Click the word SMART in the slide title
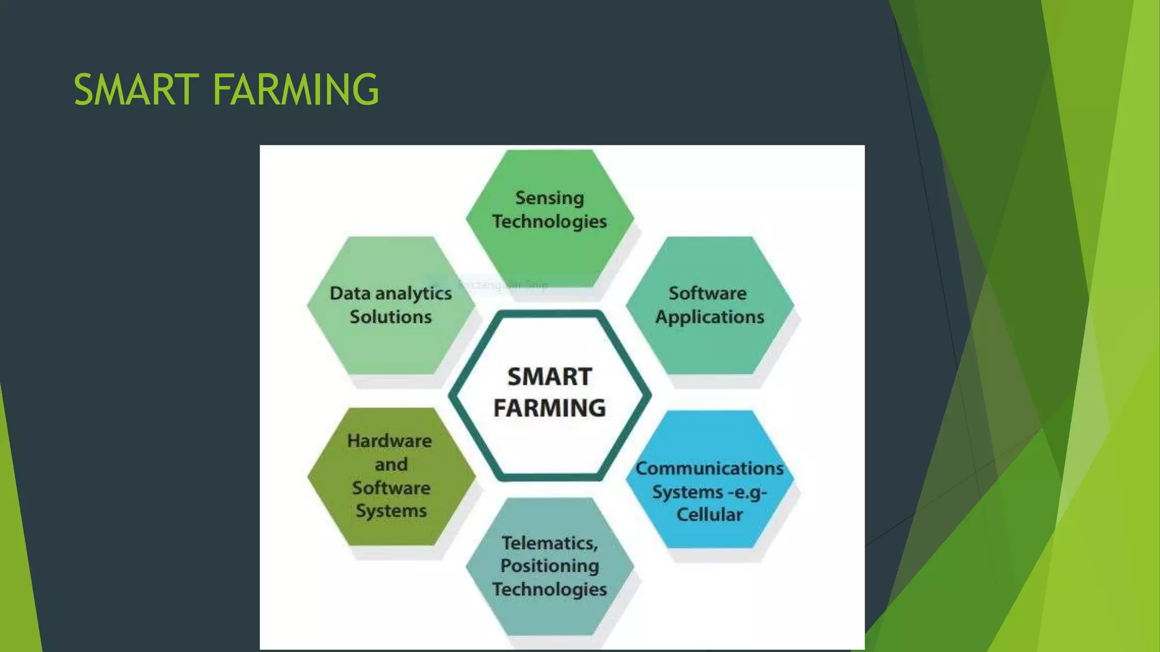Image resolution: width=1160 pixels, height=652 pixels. point(137,90)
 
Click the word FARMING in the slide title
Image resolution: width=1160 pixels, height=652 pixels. point(295,90)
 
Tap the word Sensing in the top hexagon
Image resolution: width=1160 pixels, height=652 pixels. point(549,198)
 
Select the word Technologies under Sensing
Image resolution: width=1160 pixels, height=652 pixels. point(549,221)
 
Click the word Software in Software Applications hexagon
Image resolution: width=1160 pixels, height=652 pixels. point(707,293)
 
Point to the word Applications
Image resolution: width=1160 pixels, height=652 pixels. point(710,317)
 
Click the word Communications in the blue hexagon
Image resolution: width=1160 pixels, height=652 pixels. point(709,469)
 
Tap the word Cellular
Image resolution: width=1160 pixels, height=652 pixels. point(709,514)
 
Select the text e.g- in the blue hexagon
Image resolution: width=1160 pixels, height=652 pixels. point(747,492)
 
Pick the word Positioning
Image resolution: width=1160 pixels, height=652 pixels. point(549,566)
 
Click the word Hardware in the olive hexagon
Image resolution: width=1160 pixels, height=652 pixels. point(390,441)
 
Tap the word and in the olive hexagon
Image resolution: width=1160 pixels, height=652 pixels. point(391,465)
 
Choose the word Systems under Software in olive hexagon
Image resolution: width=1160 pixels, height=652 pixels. point(391,511)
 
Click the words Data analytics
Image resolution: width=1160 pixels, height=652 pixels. point(391,293)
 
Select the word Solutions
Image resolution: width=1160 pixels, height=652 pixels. point(391,317)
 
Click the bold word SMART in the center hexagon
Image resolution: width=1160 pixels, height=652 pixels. point(549,377)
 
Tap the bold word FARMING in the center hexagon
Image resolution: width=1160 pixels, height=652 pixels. point(549,408)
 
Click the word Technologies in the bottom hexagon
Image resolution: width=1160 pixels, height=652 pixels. point(549,589)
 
